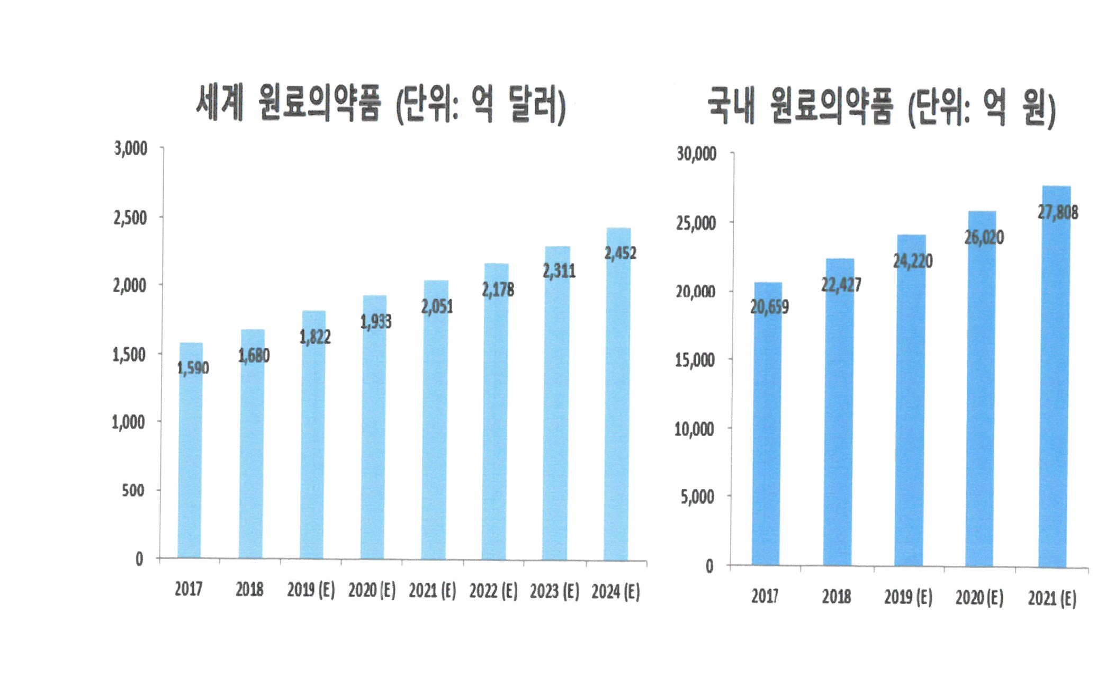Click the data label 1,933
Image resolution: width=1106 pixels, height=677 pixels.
376,321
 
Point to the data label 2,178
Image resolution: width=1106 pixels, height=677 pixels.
498,290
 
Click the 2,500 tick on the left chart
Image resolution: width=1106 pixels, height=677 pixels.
130,217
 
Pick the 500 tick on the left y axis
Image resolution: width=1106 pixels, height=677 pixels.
133,490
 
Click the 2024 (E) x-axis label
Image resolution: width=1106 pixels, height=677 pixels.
615,591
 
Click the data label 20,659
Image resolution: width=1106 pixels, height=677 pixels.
769,306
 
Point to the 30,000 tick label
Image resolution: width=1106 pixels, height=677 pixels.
696,154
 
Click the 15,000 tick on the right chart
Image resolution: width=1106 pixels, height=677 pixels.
695,360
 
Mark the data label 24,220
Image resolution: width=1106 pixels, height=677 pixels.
913,261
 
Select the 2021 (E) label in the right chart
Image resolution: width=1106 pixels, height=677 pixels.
1052,598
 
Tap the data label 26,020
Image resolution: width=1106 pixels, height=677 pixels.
984,237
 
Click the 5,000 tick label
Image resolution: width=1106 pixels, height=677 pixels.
697,497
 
